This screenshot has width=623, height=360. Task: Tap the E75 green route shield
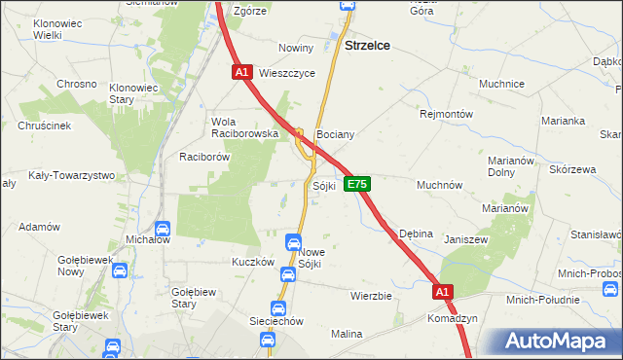click(x=357, y=183)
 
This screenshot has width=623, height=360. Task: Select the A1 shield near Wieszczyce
click(x=243, y=72)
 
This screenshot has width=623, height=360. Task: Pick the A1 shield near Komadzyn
click(x=443, y=291)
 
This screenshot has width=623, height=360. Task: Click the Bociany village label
click(x=334, y=134)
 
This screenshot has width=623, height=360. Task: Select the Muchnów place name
click(x=439, y=184)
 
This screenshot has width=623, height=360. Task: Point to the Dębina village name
click(x=416, y=234)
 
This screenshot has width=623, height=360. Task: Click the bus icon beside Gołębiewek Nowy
click(x=120, y=271)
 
